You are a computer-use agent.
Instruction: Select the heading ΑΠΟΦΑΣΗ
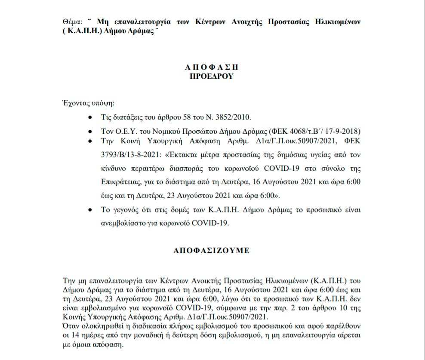coord(212,68)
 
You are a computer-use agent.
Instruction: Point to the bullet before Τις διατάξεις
coord(89,117)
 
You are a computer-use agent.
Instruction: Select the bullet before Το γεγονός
coord(89,210)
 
